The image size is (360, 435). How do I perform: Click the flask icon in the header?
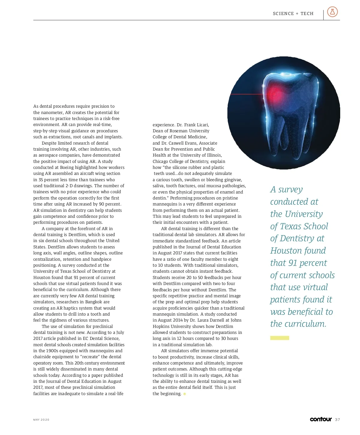(x=332, y=12)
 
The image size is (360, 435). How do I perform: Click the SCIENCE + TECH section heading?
(x=293, y=13)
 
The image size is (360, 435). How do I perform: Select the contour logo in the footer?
(x=321, y=419)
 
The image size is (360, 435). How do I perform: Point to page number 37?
(x=337, y=419)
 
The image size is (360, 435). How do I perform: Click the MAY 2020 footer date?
(x=41, y=420)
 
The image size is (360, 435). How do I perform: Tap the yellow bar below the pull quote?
(x=280, y=338)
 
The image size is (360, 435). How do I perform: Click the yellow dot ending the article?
(x=184, y=394)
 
